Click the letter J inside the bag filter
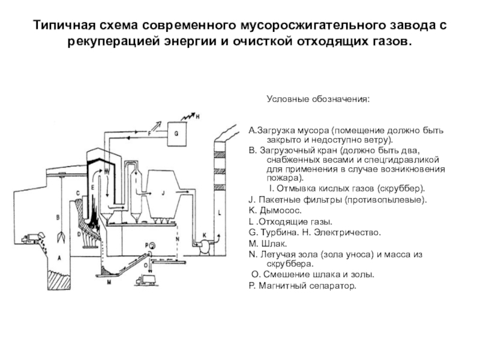163,193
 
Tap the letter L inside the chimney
220,211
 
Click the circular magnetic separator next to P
150,245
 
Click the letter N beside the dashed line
178,239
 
